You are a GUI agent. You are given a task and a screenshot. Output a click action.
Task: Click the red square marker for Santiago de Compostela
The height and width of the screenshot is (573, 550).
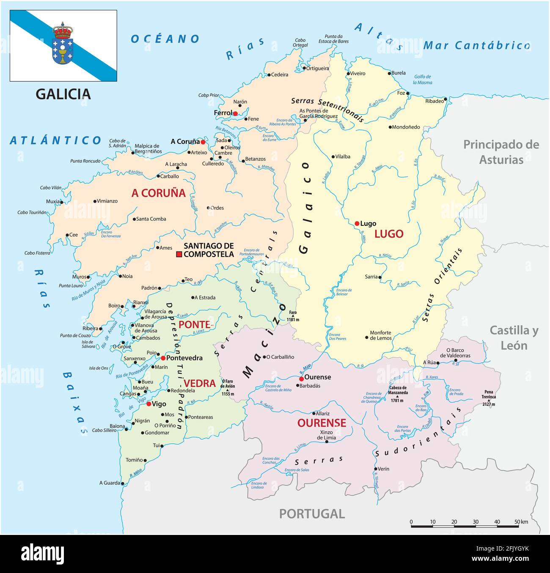pyautogui.click(x=179, y=254)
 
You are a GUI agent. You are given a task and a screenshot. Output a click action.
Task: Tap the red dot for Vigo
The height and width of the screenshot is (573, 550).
pyautogui.click(x=149, y=404)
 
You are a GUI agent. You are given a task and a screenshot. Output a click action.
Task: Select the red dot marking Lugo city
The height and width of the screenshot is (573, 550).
pyautogui.click(x=357, y=223)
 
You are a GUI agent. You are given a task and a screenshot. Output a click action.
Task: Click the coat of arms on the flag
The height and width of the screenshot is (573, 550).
pyautogui.click(x=63, y=44)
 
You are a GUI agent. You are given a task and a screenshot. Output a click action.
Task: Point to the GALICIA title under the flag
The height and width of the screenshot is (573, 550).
pyautogui.click(x=63, y=94)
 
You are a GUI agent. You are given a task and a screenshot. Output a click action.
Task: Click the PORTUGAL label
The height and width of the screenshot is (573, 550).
pyautogui.click(x=312, y=514)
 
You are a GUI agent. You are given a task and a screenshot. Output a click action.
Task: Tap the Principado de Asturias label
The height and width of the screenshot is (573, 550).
pyautogui.click(x=501, y=152)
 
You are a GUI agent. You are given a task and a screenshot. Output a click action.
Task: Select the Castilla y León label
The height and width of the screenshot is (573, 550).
pyautogui.click(x=514, y=338)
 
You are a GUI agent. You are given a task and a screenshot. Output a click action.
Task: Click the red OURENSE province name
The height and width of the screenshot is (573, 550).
pyautogui.click(x=322, y=423)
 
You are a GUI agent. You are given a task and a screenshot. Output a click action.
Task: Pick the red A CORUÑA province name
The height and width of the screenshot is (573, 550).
pyautogui.click(x=158, y=193)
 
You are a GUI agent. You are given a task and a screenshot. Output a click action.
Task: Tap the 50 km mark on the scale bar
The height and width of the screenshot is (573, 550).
pyautogui.click(x=517, y=522)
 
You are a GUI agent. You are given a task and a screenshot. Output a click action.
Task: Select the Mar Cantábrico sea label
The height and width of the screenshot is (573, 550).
pyautogui.click(x=477, y=46)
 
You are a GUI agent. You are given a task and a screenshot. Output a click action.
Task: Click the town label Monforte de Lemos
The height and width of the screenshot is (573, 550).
pyautogui.click(x=380, y=335)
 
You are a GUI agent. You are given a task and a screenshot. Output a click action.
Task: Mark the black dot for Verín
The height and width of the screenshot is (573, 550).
pyautogui.click(x=375, y=469)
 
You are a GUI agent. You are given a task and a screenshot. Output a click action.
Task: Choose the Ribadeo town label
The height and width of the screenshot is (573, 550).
pyautogui.click(x=434, y=101)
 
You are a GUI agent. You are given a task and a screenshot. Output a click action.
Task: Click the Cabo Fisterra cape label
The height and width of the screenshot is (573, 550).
pyautogui.click(x=37, y=253)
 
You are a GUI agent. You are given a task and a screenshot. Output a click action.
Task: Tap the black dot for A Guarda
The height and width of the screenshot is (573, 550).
pyautogui.click(x=122, y=483)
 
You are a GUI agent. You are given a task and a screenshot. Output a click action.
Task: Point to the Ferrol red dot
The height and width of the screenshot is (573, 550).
pyautogui.click(x=235, y=113)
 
